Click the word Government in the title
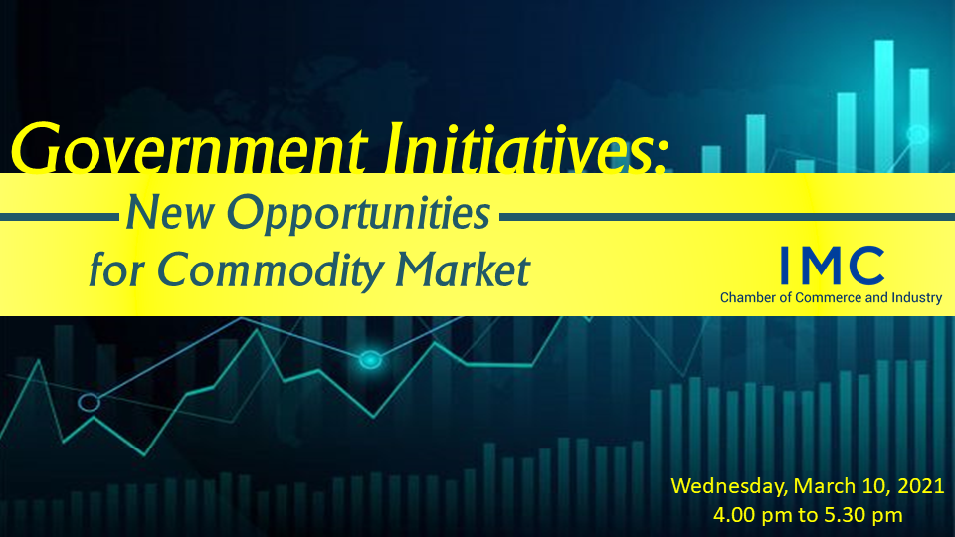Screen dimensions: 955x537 (189, 148)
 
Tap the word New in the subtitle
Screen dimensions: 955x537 (170, 213)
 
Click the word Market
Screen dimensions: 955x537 (463, 269)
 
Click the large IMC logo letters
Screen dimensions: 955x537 (832, 266)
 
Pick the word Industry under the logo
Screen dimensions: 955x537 (916, 298)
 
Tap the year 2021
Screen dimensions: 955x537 (921, 486)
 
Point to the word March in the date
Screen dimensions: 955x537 (825, 486)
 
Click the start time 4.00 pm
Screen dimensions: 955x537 (751, 515)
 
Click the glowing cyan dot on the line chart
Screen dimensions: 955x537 (370, 360)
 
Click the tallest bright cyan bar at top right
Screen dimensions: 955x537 (884, 106)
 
